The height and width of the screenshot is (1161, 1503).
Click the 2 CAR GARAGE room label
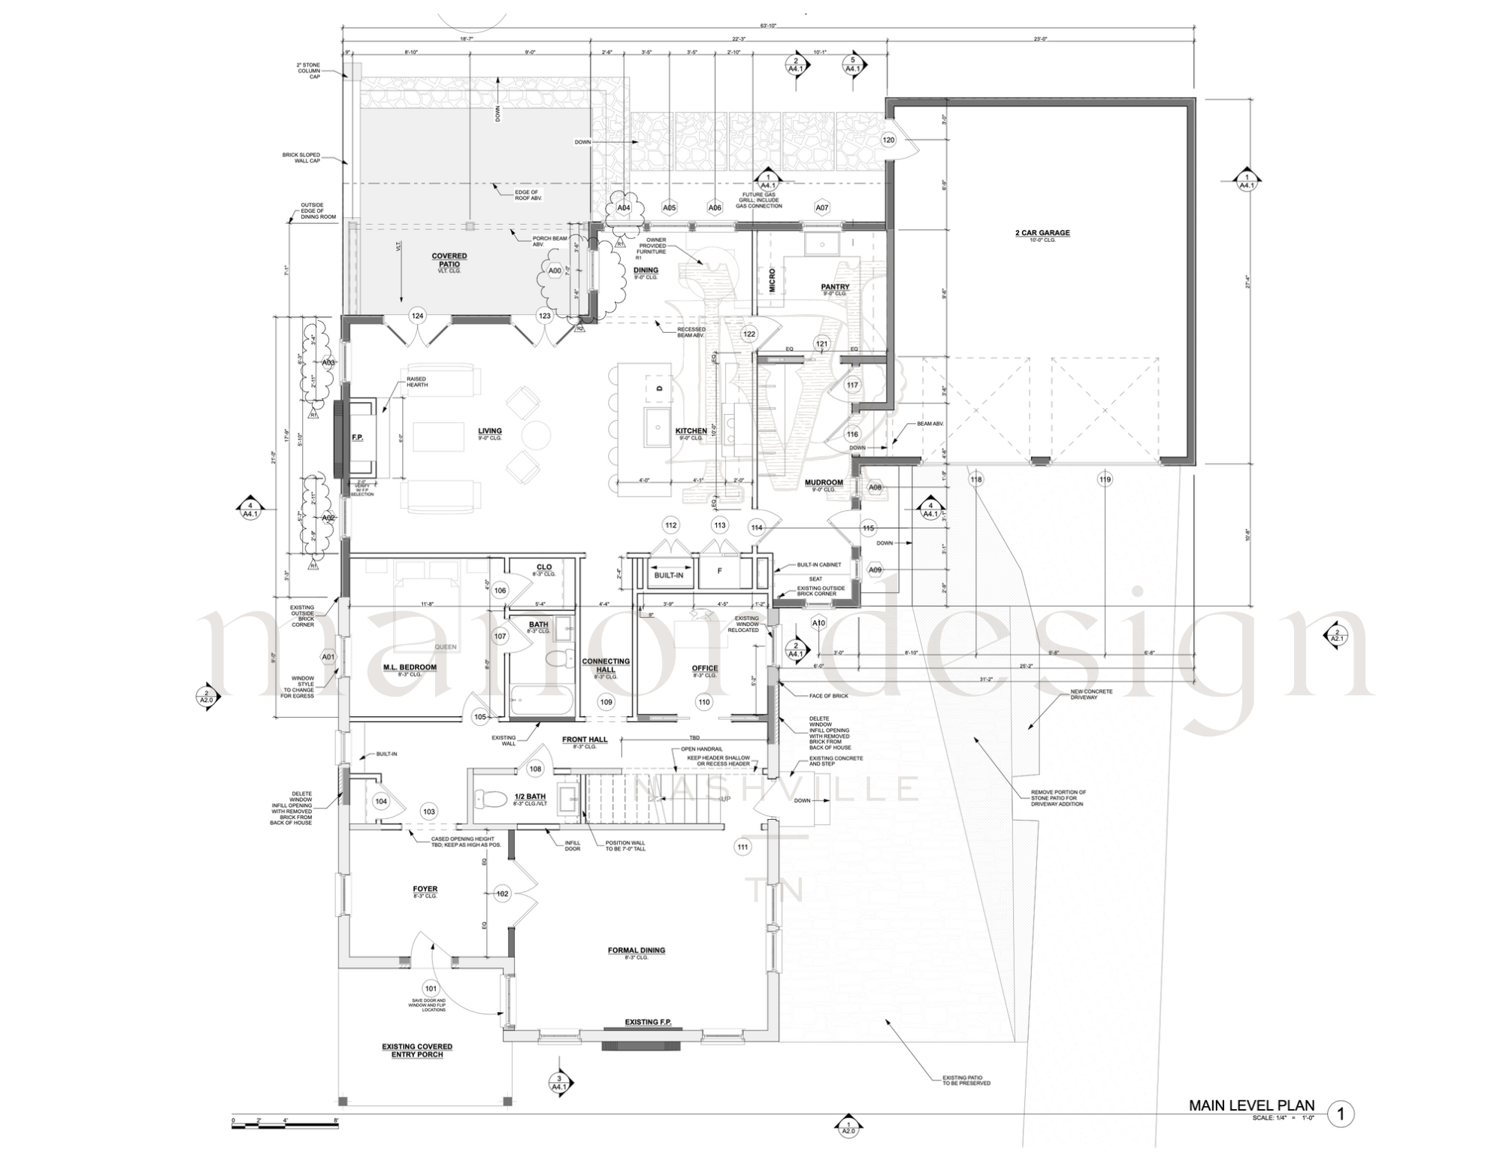pos(1042,233)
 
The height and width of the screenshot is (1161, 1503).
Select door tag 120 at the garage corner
pos(888,140)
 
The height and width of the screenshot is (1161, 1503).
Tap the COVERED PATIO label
pos(449,260)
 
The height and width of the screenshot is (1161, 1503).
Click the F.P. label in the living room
pos(357,437)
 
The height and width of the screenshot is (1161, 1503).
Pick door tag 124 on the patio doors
pos(417,316)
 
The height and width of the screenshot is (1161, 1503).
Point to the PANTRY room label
pos(835,287)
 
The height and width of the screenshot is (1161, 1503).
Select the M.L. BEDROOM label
pos(410,667)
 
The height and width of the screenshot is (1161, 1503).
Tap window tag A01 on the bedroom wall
pos(328,657)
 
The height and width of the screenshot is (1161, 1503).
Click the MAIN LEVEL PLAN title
pos(1251,1105)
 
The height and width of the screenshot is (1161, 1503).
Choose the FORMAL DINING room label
pos(637,951)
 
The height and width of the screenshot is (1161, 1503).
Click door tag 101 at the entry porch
pos(431,988)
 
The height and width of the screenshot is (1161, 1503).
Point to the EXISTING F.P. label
pos(648,1022)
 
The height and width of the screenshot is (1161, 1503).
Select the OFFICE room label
pos(704,668)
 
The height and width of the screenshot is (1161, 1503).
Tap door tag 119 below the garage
pos(1104,479)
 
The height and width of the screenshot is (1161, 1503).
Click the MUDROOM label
pos(824,482)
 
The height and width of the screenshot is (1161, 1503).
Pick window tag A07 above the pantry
pos(822,208)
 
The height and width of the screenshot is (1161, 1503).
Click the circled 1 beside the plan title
pos(1341,1114)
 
